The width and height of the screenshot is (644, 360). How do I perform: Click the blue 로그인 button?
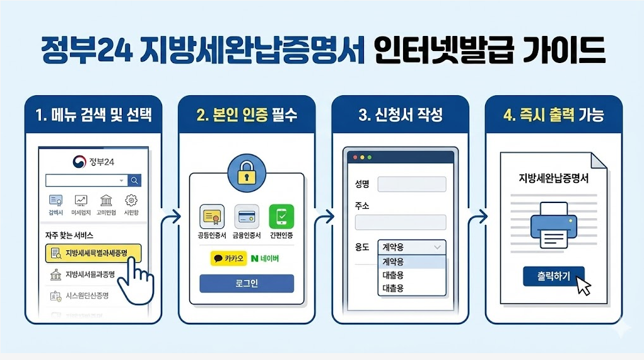(x=247, y=284)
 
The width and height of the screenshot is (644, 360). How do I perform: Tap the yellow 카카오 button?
(x=228, y=258)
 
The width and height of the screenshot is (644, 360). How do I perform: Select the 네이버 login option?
(x=264, y=258)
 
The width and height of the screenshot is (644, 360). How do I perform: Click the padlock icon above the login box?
(x=247, y=173)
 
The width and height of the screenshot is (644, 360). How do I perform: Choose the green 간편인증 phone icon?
(x=281, y=217)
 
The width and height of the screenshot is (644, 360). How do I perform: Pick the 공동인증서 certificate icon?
(x=212, y=217)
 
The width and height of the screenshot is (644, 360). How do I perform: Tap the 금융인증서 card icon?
(x=247, y=217)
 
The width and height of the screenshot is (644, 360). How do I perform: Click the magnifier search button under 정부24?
(x=134, y=181)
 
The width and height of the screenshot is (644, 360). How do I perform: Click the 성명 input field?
(x=411, y=184)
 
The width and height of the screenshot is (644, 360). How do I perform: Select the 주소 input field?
(x=401, y=223)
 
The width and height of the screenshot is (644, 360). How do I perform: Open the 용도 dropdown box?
(x=411, y=247)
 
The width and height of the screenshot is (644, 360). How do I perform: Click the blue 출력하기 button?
(x=553, y=276)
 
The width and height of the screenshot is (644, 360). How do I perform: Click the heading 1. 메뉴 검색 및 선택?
(x=94, y=115)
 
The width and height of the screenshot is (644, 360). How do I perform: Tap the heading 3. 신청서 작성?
(x=401, y=115)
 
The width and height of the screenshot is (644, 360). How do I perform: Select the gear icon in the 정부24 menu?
(x=131, y=201)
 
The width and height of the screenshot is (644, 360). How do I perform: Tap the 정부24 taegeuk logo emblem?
(x=79, y=161)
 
